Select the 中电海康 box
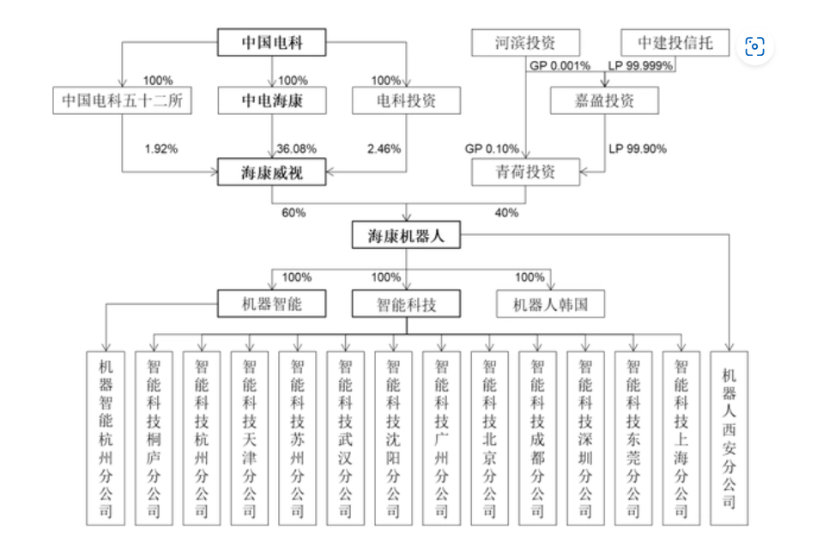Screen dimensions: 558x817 [x=272, y=101]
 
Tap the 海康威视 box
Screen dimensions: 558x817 [x=272, y=173]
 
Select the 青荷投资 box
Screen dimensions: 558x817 [x=525, y=173]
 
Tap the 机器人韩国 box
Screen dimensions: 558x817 [x=550, y=303]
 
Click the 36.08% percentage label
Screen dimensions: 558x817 [x=295, y=149]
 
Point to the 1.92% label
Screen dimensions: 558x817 [x=160, y=149]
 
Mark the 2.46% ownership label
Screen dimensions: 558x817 [x=384, y=149]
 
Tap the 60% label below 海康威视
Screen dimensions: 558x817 [x=293, y=212]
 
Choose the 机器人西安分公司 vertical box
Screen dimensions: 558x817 [x=729, y=438]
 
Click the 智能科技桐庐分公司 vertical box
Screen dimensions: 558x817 [x=154, y=438]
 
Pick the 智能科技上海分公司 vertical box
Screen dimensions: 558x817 [x=681, y=438]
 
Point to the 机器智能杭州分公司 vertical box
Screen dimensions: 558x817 [x=106, y=438]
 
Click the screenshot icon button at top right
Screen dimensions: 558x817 [x=755, y=46]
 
